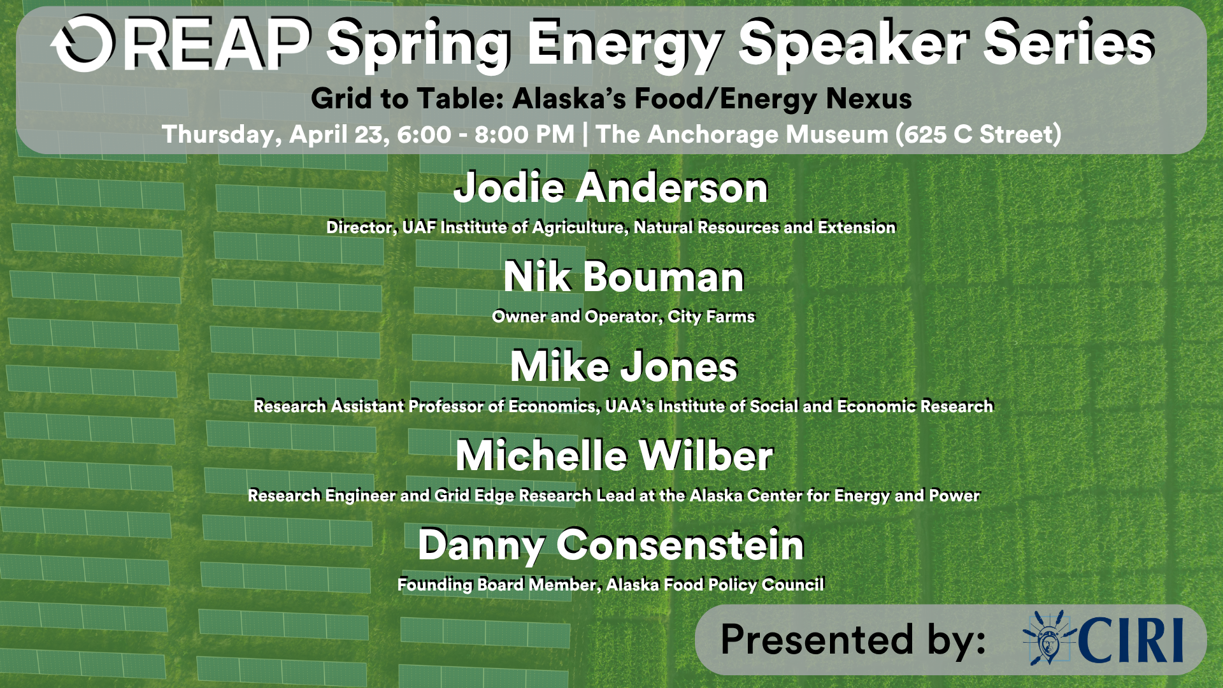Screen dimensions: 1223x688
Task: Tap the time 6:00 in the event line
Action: pos(424,134)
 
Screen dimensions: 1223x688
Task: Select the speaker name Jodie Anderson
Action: pos(611,188)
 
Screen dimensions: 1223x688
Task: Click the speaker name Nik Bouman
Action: pos(624,277)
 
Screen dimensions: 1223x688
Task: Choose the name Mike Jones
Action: pos(624,366)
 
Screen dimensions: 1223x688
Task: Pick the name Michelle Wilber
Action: pos(614,455)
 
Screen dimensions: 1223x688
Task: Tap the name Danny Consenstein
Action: pos(611,545)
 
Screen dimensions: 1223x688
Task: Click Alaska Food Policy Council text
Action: pos(715,585)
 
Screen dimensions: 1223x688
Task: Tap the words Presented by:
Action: pos(854,639)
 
